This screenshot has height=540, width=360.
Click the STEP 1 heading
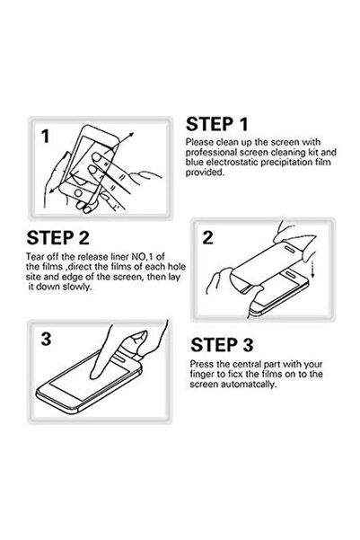point(217,124)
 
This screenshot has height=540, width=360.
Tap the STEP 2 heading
point(57,237)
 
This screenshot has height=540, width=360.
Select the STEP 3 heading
point(222,345)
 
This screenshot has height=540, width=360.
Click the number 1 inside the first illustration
point(46,137)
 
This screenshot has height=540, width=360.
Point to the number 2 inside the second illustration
point(207,237)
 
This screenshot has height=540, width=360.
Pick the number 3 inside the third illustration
point(46,339)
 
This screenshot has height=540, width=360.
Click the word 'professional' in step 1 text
point(212,152)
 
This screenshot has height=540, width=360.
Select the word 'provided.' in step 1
point(205,173)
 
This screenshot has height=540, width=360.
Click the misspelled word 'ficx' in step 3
point(235,374)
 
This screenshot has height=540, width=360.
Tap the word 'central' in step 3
point(247,364)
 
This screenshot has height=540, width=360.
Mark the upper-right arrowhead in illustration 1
point(131,135)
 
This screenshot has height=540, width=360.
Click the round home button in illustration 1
point(78,192)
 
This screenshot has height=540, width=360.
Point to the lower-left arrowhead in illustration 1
point(51,190)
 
